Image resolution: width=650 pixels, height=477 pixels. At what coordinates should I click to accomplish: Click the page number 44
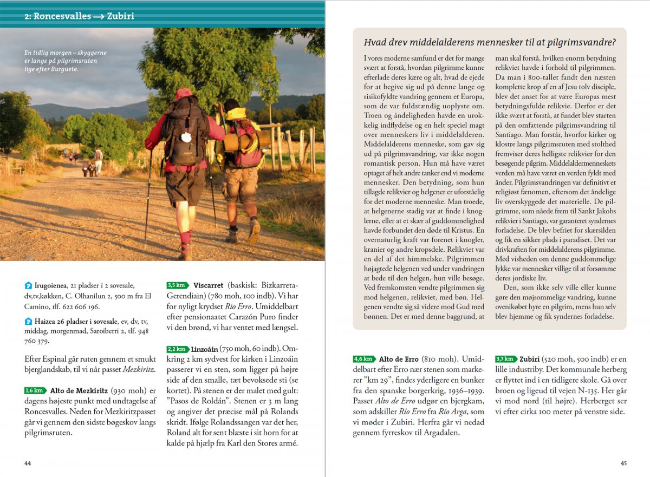click(x=28, y=463)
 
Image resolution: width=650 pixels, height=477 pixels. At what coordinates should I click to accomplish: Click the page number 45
click(x=623, y=463)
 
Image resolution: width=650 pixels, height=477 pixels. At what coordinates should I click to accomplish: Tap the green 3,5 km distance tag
click(x=177, y=285)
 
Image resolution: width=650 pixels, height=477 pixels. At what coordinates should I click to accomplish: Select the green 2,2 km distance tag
click(x=178, y=349)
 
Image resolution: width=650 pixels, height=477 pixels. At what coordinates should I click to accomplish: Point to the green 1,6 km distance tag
click(x=35, y=390)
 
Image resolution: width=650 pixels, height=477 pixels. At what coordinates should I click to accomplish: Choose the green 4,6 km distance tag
click(x=363, y=359)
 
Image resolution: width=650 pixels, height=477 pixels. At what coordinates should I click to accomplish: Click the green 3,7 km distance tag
click(x=505, y=359)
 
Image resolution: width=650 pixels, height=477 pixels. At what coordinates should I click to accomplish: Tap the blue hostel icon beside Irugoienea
click(x=29, y=285)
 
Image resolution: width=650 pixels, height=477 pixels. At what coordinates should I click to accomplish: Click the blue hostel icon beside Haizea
click(x=29, y=322)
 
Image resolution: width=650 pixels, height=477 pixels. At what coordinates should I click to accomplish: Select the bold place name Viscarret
click(x=208, y=285)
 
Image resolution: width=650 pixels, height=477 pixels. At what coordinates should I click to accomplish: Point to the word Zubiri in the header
click(x=120, y=16)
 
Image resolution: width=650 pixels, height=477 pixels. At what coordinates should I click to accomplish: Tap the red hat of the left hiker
click(x=183, y=94)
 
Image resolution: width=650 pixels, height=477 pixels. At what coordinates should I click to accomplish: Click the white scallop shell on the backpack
click(x=186, y=138)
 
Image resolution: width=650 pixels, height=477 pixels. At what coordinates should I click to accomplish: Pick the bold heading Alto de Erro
click(x=401, y=359)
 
